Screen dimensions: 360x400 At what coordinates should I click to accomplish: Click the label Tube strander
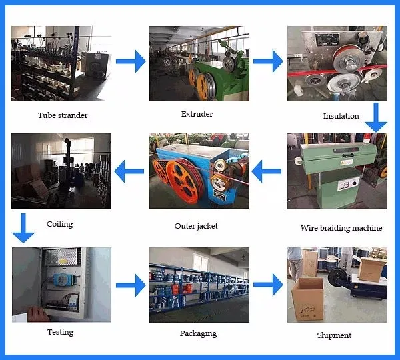point(63,115)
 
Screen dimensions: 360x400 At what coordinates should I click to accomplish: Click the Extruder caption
point(197,114)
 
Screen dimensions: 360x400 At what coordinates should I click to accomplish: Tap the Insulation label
point(341,116)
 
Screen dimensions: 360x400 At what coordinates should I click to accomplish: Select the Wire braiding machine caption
point(341,228)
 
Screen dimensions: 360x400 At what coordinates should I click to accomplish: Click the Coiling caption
point(59,224)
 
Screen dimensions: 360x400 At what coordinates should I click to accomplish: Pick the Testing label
point(60,332)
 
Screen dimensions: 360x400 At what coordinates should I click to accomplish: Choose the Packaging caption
point(198,333)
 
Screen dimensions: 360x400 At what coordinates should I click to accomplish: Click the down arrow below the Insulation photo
point(378,117)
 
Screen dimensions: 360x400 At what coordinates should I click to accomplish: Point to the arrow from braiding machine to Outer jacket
point(267,175)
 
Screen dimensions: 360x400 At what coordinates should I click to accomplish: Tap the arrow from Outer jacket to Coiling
point(129,172)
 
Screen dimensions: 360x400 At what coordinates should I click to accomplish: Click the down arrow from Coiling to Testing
point(23,227)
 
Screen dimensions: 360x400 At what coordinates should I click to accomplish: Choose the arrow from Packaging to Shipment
point(268,286)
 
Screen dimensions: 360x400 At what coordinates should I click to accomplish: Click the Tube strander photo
point(61,63)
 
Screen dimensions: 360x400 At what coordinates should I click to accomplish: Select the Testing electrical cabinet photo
point(61,284)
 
